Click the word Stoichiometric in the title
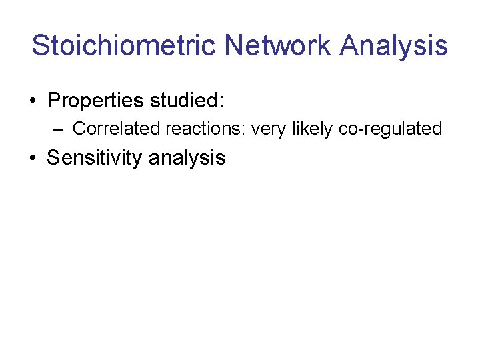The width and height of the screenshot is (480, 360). (124, 46)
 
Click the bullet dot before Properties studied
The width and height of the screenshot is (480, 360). (32, 101)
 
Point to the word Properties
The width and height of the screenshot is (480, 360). (95, 101)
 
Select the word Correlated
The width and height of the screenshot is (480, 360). (116, 128)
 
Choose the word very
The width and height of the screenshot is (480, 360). (269, 129)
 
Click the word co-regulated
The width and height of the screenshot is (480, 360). (391, 129)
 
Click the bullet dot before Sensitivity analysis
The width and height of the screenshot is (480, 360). (32, 159)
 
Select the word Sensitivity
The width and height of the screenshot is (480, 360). (95, 159)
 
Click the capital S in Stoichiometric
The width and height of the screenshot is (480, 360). (40, 46)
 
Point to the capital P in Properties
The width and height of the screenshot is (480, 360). (55, 101)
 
